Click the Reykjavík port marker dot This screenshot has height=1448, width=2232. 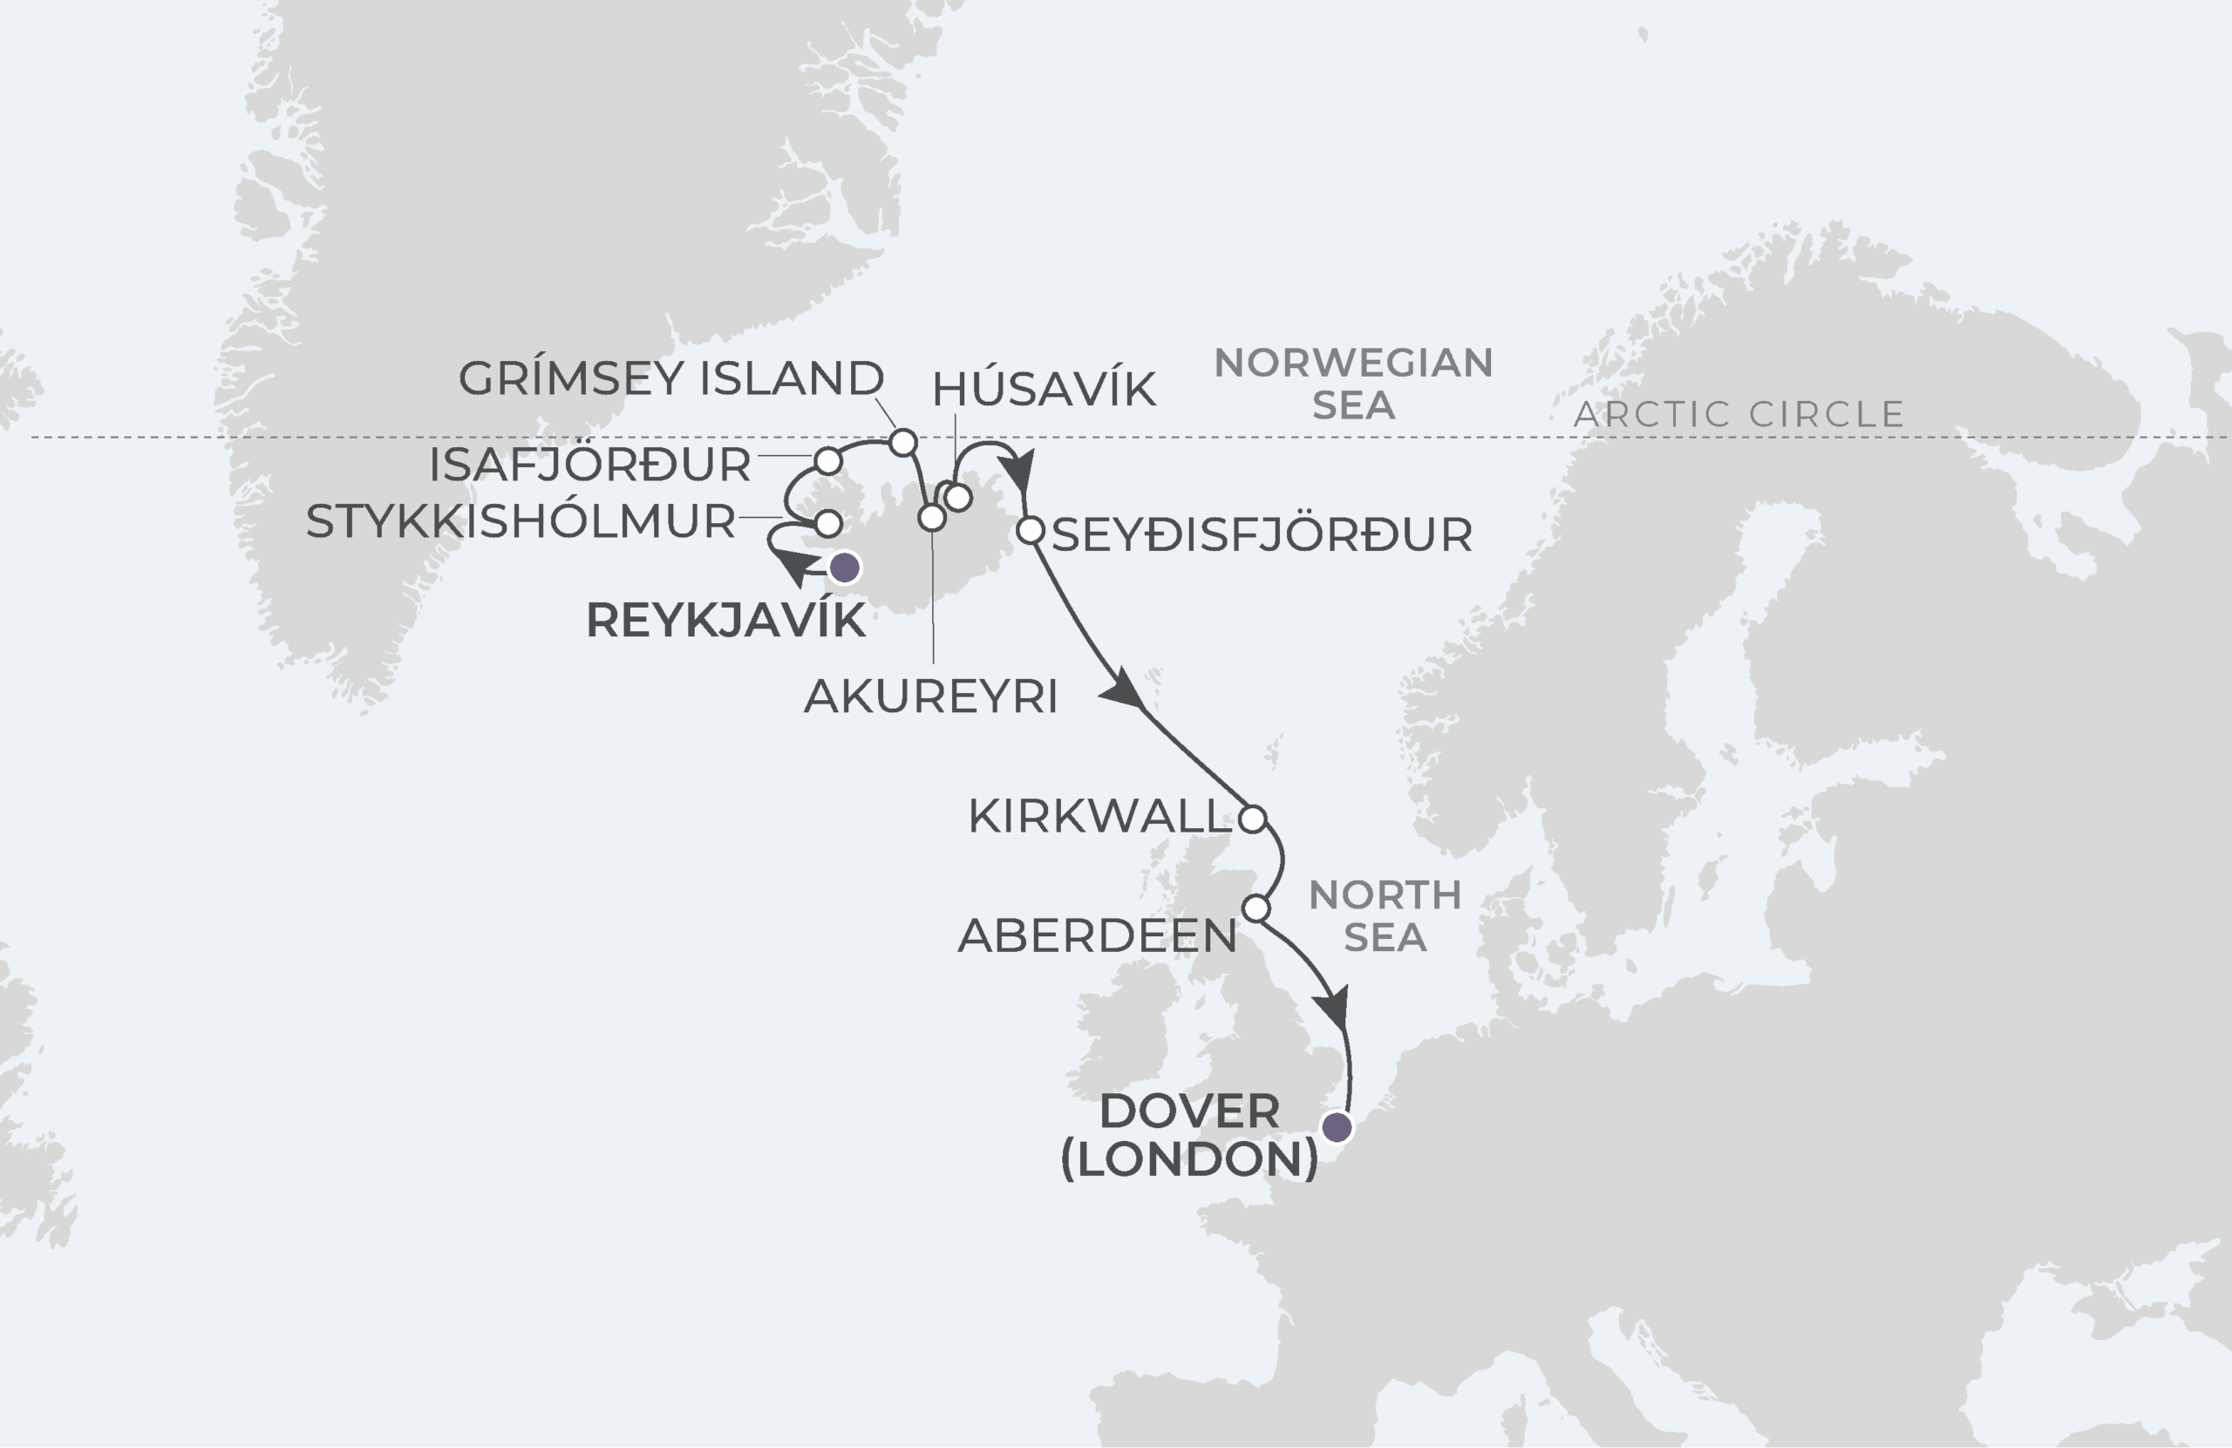pyautogui.click(x=845, y=568)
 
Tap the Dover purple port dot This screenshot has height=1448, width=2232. pyautogui.click(x=1337, y=1127)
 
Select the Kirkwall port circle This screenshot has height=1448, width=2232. pyautogui.click(x=1253, y=819)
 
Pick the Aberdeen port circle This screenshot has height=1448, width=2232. pyautogui.click(x=1255, y=908)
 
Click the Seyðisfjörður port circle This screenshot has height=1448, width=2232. pyautogui.click(x=1030, y=531)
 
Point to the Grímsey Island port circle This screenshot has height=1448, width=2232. pyautogui.click(x=902, y=442)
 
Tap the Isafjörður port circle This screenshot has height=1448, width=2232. pyautogui.click(x=828, y=460)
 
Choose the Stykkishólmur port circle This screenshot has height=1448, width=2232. pyautogui.click(x=828, y=522)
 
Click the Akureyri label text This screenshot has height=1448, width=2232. pyautogui.click(x=930, y=696)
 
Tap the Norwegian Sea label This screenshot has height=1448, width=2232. pyautogui.click(x=1352, y=384)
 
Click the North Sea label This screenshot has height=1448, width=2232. pyautogui.click(x=1385, y=916)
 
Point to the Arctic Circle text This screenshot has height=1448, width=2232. pyautogui.click(x=1739, y=414)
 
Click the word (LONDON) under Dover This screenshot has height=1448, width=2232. pyautogui.click(x=1189, y=1159)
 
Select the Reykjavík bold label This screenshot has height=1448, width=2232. pyautogui.click(x=725, y=621)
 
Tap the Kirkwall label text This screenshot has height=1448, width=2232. pyautogui.click(x=1099, y=817)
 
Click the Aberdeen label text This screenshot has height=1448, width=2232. pyautogui.click(x=1096, y=936)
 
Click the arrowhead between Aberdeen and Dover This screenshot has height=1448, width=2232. pyautogui.click(x=1332, y=1010)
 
